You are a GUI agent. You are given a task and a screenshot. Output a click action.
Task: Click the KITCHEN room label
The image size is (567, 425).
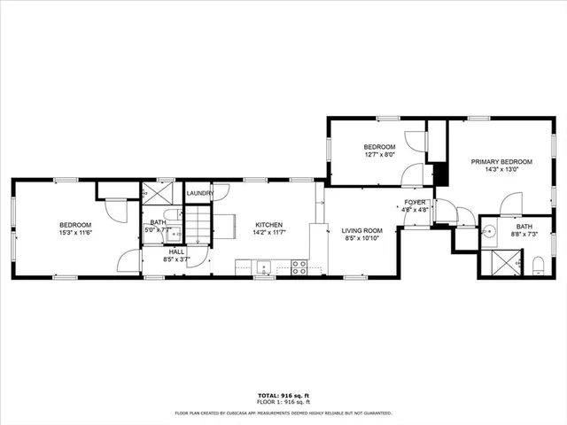(x=268, y=224)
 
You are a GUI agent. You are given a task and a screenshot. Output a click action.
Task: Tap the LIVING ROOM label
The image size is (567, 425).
(x=362, y=230)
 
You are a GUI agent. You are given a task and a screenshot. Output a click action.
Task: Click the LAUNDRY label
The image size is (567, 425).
(x=199, y=193)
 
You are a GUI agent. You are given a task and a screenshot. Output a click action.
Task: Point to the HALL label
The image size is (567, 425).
(x=176, y=251)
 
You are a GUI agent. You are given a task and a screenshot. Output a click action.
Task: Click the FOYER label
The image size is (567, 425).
(x=416, y=203)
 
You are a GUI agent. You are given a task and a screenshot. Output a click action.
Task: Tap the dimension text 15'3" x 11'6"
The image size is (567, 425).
(x=75, y=233)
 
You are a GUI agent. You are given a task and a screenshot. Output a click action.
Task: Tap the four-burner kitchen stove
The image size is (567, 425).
(x=299, y=265)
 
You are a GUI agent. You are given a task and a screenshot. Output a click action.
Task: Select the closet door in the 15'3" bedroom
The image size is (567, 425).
(x=115, y=210)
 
